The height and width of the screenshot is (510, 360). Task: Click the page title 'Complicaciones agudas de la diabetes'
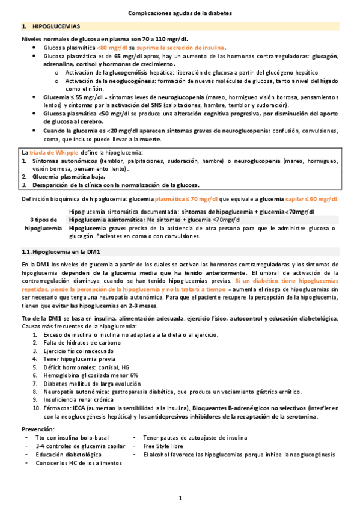[180, 13]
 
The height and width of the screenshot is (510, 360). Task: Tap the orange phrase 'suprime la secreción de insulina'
[182, 47]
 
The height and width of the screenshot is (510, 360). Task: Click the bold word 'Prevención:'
[38, 429]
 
